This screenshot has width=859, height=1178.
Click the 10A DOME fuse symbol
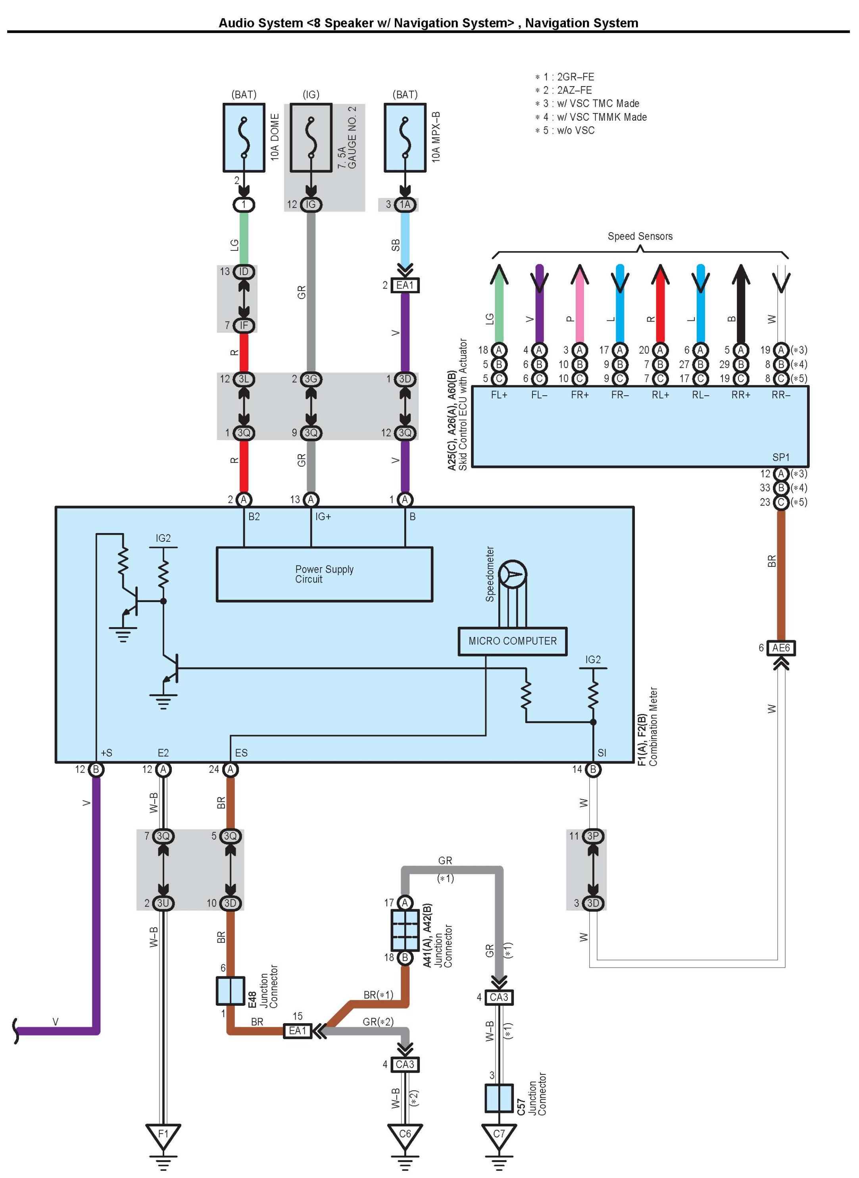click(244, 138)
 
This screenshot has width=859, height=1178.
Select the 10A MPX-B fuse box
click(405, 138)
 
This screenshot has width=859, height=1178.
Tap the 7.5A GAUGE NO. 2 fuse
click(311, 138)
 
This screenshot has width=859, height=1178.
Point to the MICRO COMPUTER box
click(513, 641)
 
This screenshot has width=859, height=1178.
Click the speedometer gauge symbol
click(513, 574)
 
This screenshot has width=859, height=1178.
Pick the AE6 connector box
click(781, 648)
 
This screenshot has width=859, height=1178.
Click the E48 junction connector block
click(231, 991)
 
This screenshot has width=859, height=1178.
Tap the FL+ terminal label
click(499, 395)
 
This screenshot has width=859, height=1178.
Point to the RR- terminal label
click(781, 395)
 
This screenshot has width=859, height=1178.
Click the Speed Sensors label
click(640, 236)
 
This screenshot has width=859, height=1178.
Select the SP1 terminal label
click(781, 457)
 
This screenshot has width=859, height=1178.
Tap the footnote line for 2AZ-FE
click(564, 90)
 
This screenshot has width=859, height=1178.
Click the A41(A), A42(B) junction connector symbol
click(405, 930)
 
